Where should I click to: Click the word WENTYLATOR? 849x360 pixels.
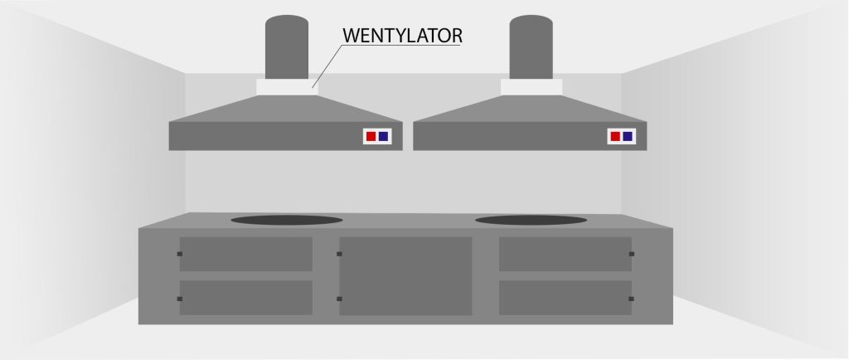point(402,36)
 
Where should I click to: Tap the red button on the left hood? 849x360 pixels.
point(371,136)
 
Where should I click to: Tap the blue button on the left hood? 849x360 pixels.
point(383,136)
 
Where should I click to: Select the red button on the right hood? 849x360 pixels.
point(615,136)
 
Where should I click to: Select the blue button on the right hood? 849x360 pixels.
point(628,136)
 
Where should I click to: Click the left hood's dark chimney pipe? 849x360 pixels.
point(286,47)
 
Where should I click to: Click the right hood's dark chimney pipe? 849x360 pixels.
point(531,47)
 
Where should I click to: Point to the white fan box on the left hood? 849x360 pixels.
point(287,87)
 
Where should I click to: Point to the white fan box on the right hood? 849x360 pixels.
point(531,87)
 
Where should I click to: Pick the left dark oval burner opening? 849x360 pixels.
point(286,220)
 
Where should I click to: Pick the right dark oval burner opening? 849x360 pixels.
point(531,220)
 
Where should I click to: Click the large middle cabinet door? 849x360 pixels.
point(405,275)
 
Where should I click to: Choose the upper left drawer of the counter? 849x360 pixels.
point(245,254)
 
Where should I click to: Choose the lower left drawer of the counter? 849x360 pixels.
point(245,298)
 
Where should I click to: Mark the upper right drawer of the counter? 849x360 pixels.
point(565,254)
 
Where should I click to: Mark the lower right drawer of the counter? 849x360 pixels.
point(565,298)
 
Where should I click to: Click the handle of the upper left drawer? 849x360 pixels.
point(180,254)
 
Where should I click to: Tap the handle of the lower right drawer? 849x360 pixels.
point(631,299)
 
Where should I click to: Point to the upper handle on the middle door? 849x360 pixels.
point(339,254)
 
